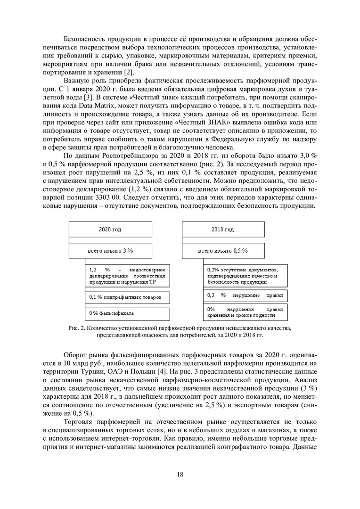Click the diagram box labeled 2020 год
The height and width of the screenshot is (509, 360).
(x=110, y=230)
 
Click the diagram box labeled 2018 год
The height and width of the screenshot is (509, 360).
(x=222, y=230)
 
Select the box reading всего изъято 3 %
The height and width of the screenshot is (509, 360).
(x=110, y=251)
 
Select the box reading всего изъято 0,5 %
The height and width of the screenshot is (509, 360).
(x=222, y=251)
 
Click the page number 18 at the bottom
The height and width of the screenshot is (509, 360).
(x=180, y=474)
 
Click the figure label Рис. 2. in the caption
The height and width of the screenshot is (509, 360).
(x=77, y=328)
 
